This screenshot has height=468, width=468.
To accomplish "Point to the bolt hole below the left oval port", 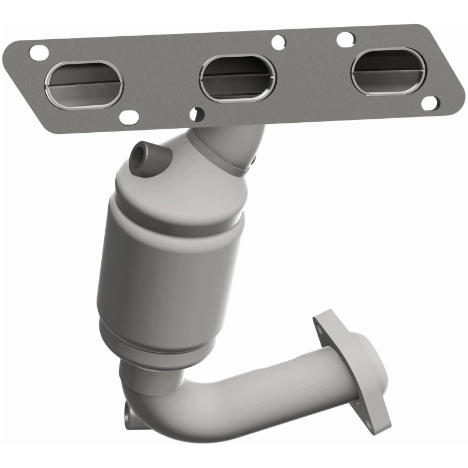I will click(x=125, y=118).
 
